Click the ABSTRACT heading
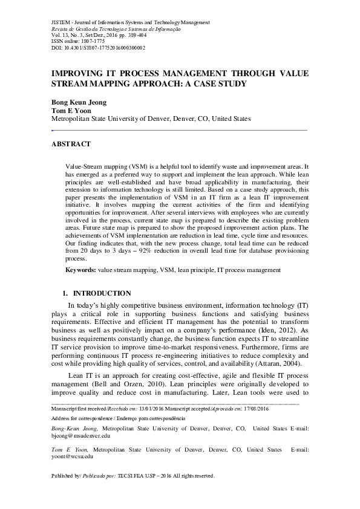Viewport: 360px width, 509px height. (71, 144)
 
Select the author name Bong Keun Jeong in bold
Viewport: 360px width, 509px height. (79, 102)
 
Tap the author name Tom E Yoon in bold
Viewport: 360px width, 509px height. (67, 111)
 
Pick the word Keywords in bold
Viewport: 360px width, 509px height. (80, 268)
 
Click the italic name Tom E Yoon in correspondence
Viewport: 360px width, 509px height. (71, 449)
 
